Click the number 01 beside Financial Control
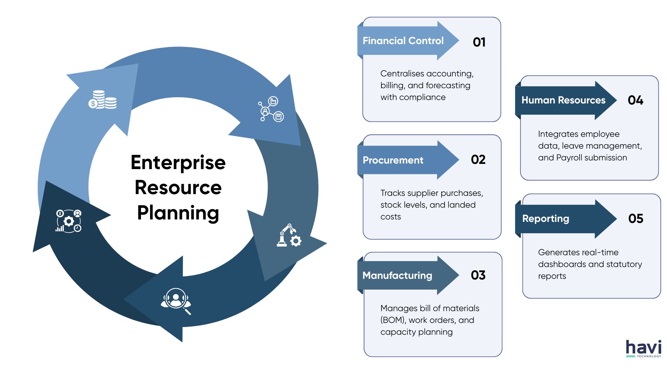[x=479, y=42]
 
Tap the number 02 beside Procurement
[x=478, y=160]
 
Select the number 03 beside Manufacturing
[x=478, y=275]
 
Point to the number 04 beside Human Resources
[x=635, y=100]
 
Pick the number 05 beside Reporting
[x=636, y=219]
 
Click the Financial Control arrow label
[x=403, y=41]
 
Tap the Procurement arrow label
[x=393, y=160]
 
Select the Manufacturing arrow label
[x=397, y=276]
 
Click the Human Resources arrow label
[x=563, y=100]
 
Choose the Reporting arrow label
[x=545, y=219]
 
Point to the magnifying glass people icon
[x=176, y=300]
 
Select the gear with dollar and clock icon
[x=68, y=221]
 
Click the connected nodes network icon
[x=271, y=109]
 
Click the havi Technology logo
[x=643, y=349]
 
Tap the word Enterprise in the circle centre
[x=178, y=162]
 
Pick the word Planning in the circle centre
[x=178, y=213]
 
